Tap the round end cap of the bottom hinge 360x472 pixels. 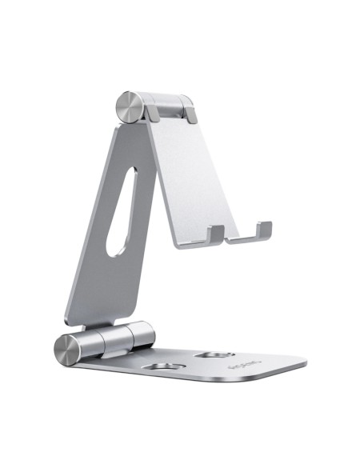click(66, 349)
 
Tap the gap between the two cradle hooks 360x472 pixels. click(240, 237)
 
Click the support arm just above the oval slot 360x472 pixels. click(132, 148)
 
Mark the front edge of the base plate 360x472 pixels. click(200, 389)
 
